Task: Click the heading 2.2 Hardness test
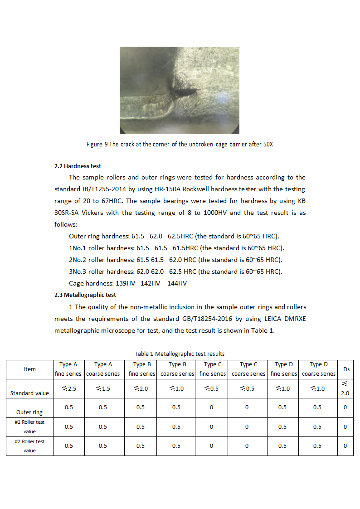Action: pyautogui.click(x=78, y=166)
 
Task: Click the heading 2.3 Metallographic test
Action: pyautogui.click(x=85, y=295)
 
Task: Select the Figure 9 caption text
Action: pyautogui.click(x=180, y=145)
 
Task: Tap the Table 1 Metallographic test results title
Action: pyautogui.click(x=180, y=354)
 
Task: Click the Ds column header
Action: pyautogui.click(x=346, y=369)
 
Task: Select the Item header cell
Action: pyautogui.click(x=30, y=369)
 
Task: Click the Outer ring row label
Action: pyautogui.click(x=30, y=412)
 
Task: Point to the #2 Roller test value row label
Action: pyautogui.click(x=30, y=446)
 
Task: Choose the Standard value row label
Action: pyautogui.click(x=30, y=393)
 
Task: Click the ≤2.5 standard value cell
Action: pyautogui.click(x=69, y=388)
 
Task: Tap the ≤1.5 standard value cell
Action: pyautogui.click(x=103, y=388)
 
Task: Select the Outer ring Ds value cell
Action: pyautogui.click(x=345, y=407)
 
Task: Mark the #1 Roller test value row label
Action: pyautogui.click(x=30, y=427)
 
